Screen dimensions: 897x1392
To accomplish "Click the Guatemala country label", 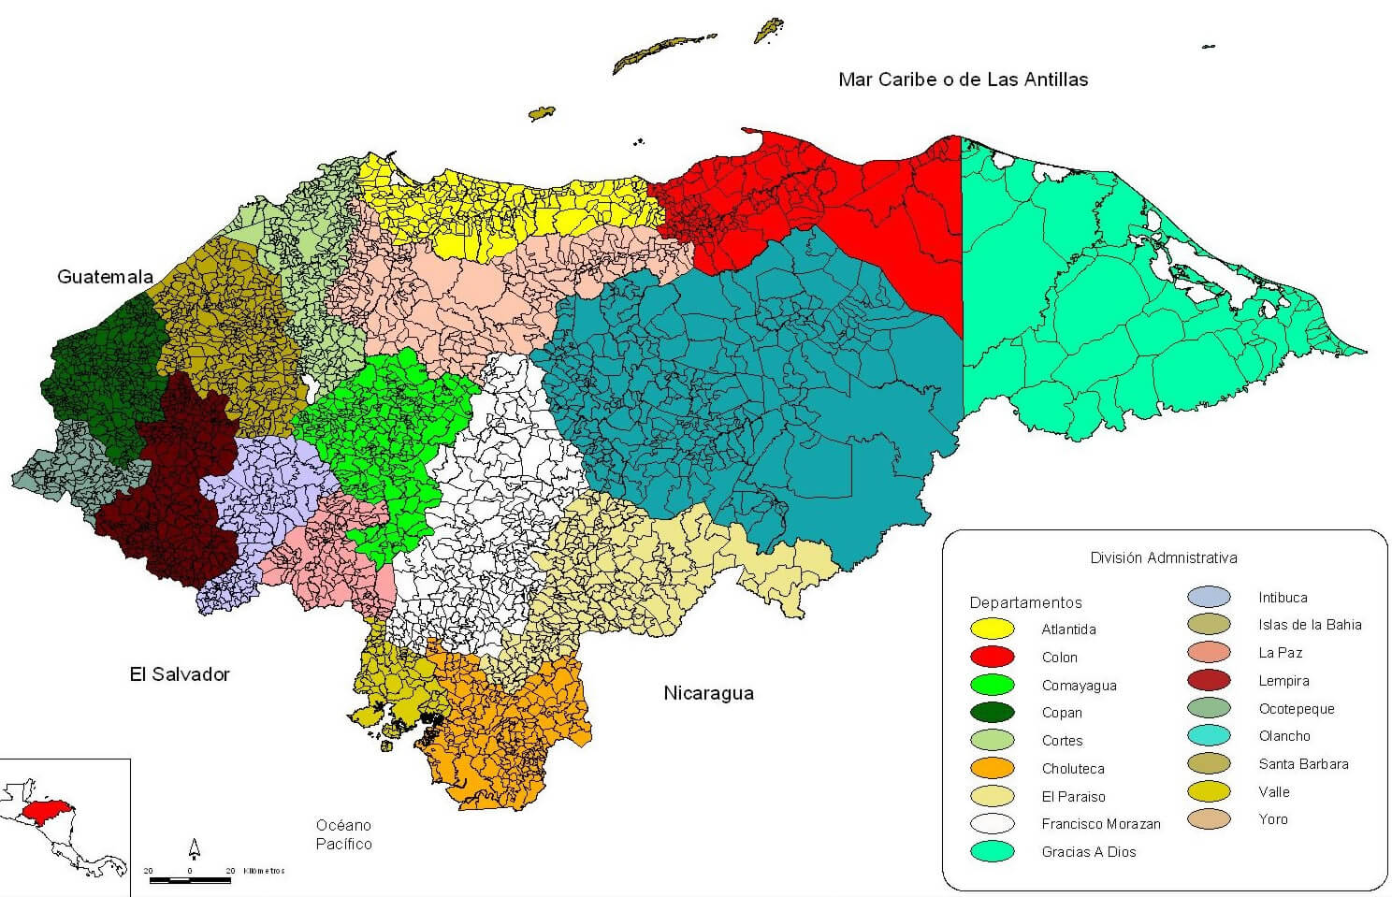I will pyautogui.click(x=105, y=277).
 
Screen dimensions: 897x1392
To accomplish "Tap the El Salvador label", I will pyautogui.click(x=179, y=674).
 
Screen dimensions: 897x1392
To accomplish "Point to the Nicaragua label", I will pyautogui.click(x=708, y=693).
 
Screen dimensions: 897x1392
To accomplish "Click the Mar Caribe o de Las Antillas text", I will pyautogui.click(x=963, y=80).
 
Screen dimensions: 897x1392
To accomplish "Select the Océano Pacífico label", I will pyautogui.click(x=343, y=834).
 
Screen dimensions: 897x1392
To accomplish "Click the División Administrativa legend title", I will pyautogui.click(x=1163, y=558).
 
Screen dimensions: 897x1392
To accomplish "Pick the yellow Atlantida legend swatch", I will pyautogui.click(x=993, y=629).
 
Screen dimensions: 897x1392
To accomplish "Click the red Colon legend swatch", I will pyautogui.click(x=993, y=657).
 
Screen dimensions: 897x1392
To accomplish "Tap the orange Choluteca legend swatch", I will pyautogui.click(x=993, y=769).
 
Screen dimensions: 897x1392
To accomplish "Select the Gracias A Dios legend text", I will pyautogui.click(x=1088, y=852).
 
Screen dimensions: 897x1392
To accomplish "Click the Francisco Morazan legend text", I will pyautogui.click(x=1100, y=824).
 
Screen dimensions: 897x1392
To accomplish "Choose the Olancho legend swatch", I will pyautogui.click(x=1209, y=736).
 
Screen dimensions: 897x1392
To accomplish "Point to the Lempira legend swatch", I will pyautogui.click(x=1209, y=681).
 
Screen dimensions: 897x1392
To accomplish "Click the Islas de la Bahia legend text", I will pyautogui.click(x=1310, y=625).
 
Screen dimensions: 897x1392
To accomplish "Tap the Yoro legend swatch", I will pyautogui.click(x=1209, y=819).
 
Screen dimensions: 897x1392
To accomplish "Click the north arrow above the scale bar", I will pyautogui.click(x=195, y=848).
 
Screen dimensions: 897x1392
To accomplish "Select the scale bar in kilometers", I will pyautogui.click(x=190, y=879).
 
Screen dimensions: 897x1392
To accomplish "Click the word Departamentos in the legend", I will pyautogui.click(x=1025, y=603).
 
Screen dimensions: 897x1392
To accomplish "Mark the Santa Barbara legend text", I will pyautogui.click(x=1303, y=764).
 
